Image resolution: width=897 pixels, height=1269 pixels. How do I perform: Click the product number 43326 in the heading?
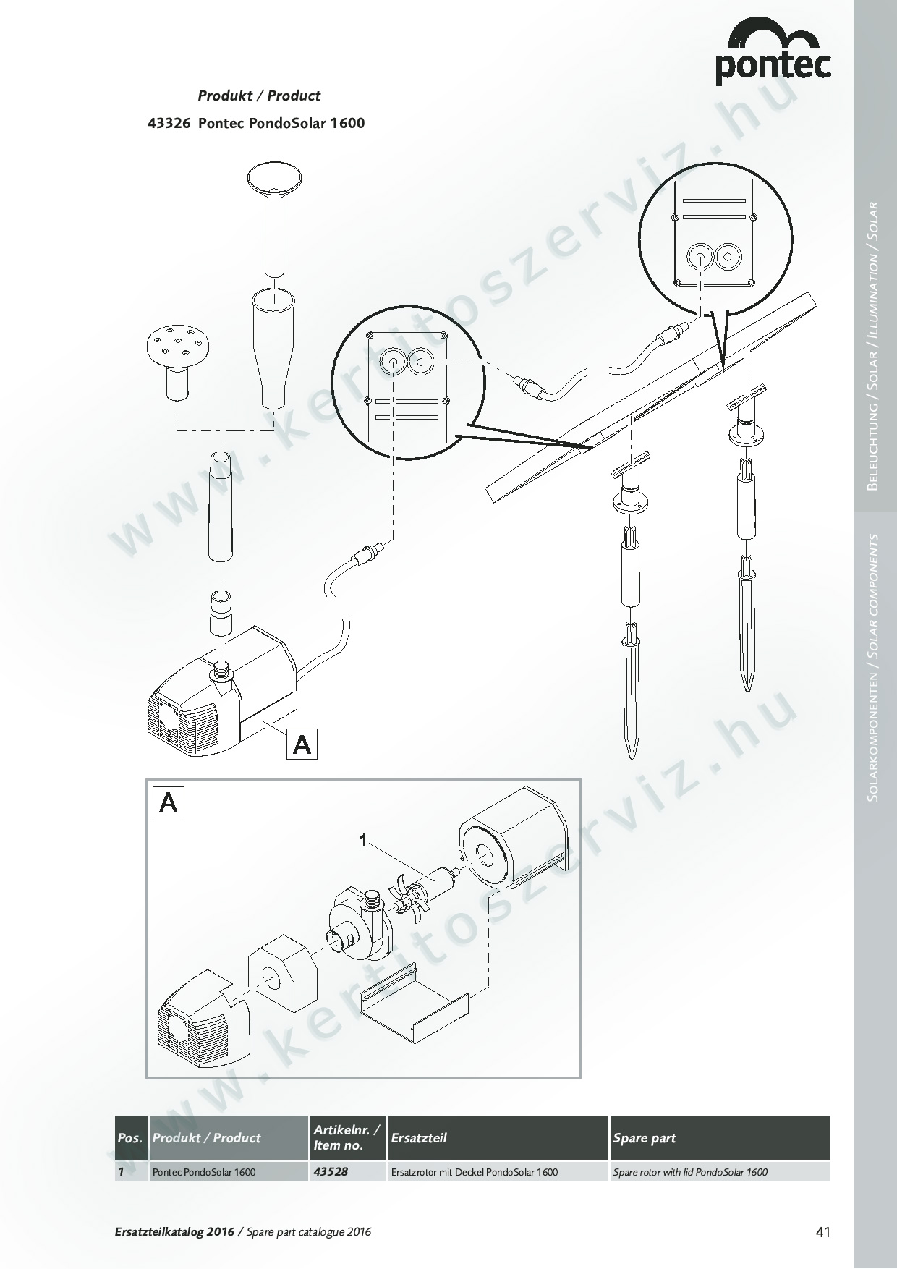[169, 123]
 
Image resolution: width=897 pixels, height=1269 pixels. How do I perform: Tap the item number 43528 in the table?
[331, 1171]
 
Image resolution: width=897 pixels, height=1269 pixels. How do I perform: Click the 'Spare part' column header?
[644, 1138]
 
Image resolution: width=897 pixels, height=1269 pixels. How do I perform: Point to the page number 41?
[822, 1232]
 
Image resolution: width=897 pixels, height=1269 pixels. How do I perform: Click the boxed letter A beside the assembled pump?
[302, 744]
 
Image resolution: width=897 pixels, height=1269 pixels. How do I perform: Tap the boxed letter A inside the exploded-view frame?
[169, 802]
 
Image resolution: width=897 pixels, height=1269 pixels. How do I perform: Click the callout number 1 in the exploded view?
[365, 840]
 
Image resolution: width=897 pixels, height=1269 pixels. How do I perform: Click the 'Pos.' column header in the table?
[129, 1138]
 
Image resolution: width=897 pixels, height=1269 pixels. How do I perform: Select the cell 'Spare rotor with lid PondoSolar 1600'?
[690, 1172]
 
